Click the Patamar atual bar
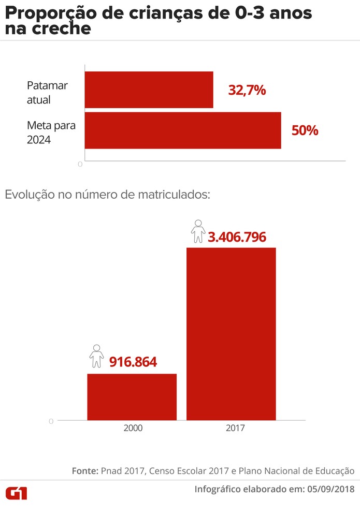[149, 90]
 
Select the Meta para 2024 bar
[182, 130]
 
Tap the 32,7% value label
[247, 91]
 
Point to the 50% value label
[305, 130]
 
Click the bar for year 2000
[132, 396]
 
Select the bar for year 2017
[231, 334]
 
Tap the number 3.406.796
[237, 237]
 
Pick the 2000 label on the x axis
[133, 429]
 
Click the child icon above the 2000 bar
[96, 356]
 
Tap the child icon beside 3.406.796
[198, 232]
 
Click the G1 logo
[17, 493]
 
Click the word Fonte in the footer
[84, 471]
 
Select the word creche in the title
[62, 29]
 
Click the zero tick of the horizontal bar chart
[80, 165]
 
